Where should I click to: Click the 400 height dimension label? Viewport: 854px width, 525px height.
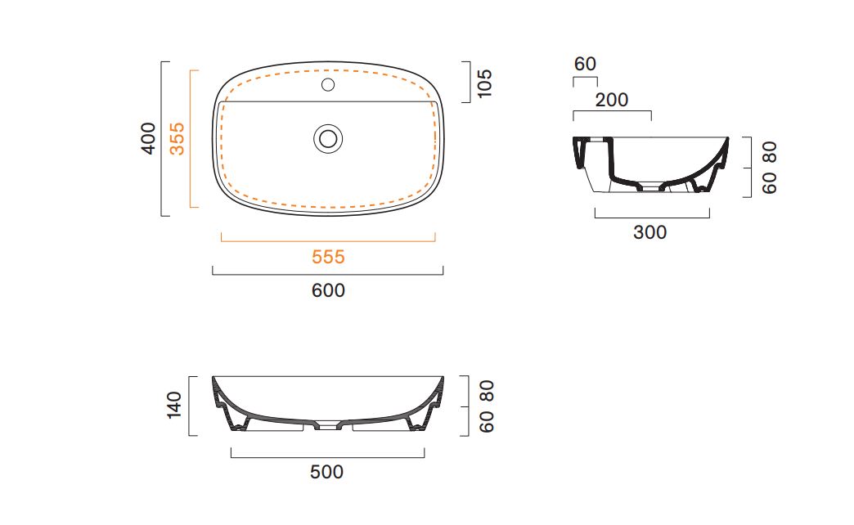pos(148,138)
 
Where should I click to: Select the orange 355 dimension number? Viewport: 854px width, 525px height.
pos(177,139)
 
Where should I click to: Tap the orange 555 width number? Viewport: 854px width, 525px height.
pos(328,257)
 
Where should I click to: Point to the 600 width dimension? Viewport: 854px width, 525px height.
pos(328,290)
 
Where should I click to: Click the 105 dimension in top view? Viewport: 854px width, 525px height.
pos(484,83)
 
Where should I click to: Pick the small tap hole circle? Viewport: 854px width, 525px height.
pos(328,84)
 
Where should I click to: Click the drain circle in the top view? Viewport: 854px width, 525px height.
pos(328,138)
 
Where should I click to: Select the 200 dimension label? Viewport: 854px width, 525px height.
pos(612,100)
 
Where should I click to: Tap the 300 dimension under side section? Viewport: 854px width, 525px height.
pos(649,232)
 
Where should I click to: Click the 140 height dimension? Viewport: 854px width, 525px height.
pos(174,405)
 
